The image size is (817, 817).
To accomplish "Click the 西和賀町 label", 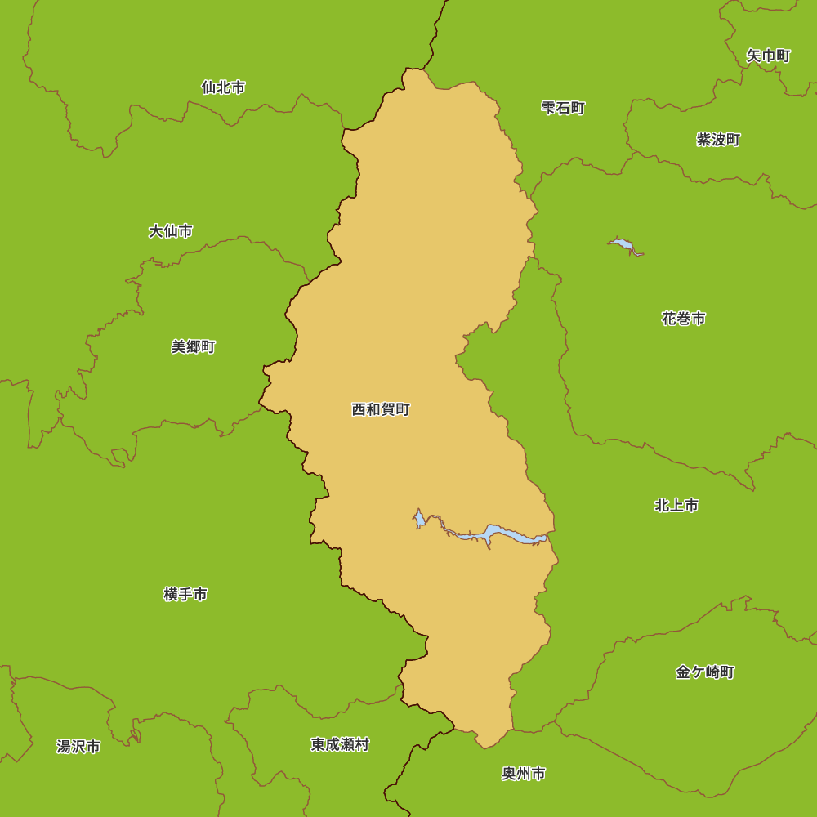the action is [x=381, y=410].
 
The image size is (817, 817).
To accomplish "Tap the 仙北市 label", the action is [x=223, y=87].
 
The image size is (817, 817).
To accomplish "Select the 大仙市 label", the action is [x=171, y=231].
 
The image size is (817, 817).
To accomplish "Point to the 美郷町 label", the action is [x=194, y=347].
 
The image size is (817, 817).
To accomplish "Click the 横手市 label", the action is [x=185, y=595].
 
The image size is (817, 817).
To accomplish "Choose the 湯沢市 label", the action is [x=78, y=747].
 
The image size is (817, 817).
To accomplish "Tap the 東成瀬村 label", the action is [x=340, y=745].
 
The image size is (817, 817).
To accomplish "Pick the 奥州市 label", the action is [x=524, y=774].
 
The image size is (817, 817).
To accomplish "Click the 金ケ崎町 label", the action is [x=705, y=672].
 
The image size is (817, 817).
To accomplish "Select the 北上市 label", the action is [x=676, y=506].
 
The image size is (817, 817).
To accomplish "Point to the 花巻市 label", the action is [x=684, y=319].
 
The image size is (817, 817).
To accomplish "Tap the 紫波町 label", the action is [x=718, y=140].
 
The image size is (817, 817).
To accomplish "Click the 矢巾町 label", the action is [x=768, y=56].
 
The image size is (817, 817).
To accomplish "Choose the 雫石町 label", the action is [x=564, y=109].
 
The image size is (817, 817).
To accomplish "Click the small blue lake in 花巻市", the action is [x=623, y=244].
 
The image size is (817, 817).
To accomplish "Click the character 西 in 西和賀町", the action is [x=359, y=410].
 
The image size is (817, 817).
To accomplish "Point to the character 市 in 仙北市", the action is [x=238, y=87].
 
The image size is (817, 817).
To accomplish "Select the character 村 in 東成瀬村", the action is [x=362, y=745].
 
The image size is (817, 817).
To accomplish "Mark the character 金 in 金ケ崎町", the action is [x=683, y=672].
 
